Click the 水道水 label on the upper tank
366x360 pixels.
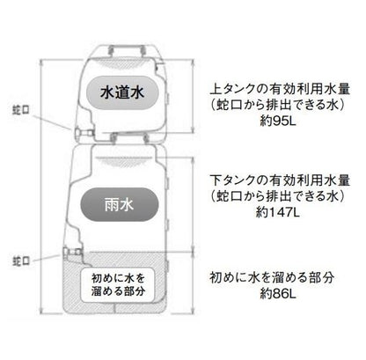tap(122, 93)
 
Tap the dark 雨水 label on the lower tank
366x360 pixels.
tap(120, 204)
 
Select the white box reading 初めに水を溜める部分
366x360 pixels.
tap(118, 285)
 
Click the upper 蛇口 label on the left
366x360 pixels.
tap(20, 110)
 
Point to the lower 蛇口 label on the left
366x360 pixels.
tap(21, 261)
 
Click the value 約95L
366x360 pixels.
tap(278, 121)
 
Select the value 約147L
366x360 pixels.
tap(277, 212)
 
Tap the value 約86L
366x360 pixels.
tap(278, 293)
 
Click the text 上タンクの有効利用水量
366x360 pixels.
tap(280, 89)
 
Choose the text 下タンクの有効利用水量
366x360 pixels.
tap(280, 180)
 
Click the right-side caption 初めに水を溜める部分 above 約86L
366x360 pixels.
tap(272, 277)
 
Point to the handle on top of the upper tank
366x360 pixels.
tap(127, 50)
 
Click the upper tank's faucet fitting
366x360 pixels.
tap(84, 134)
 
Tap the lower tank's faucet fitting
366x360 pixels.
tap(72, 252)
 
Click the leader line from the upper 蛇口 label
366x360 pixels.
tap(52, 121)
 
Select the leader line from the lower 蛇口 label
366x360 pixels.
tap(46, 258)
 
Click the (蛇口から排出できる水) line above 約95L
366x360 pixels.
tap(277, 105)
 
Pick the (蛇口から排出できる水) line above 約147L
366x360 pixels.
tap(277, 196)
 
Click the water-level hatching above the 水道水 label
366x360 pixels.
tap(127, 64)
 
